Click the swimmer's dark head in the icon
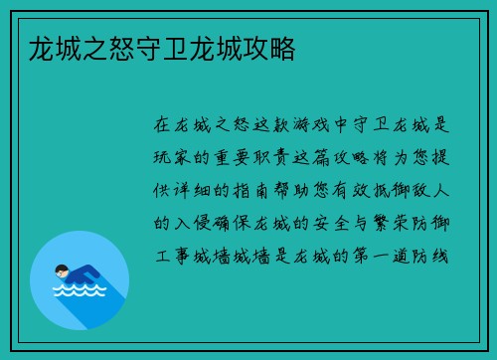(63, 270)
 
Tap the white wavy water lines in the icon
(79, 291)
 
